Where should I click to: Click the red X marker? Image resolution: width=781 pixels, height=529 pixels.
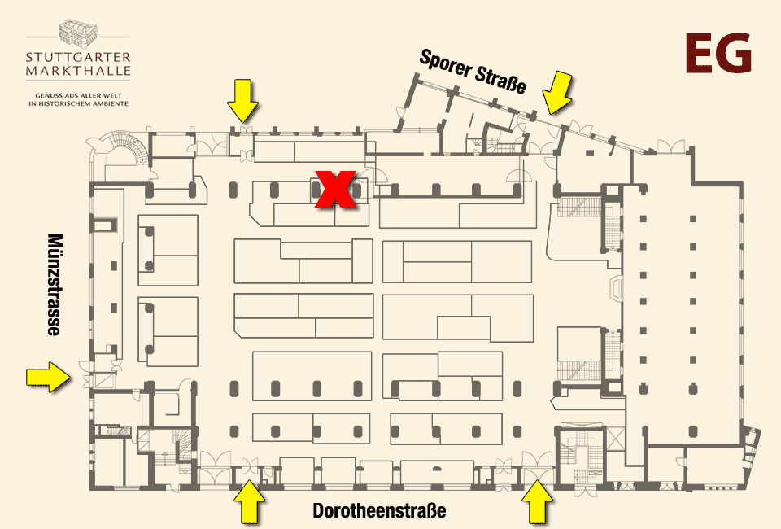click(336, 190)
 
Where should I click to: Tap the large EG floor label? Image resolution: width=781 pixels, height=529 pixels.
click(718, 53)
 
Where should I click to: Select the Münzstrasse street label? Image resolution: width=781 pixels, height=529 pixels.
click(55, 284)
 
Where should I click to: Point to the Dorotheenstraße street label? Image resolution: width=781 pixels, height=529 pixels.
click(379, 510)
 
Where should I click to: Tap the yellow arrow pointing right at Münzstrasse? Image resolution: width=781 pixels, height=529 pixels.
click(48, 377)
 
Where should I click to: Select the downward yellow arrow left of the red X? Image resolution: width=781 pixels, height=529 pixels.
click(242, 101)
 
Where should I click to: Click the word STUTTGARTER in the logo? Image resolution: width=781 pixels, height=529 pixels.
click(78, 57)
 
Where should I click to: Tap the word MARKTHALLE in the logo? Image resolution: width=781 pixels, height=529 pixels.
click(78, 71)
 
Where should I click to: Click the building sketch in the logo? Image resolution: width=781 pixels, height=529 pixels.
click(78, 33)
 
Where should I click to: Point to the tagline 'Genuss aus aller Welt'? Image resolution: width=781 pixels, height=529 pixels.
click(79, 96)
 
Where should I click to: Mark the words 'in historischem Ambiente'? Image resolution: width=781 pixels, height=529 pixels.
click(79, 103)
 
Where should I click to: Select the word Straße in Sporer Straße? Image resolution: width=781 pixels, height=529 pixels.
click(500, 80)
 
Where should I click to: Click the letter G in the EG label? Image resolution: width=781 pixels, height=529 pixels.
click(735, 53)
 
